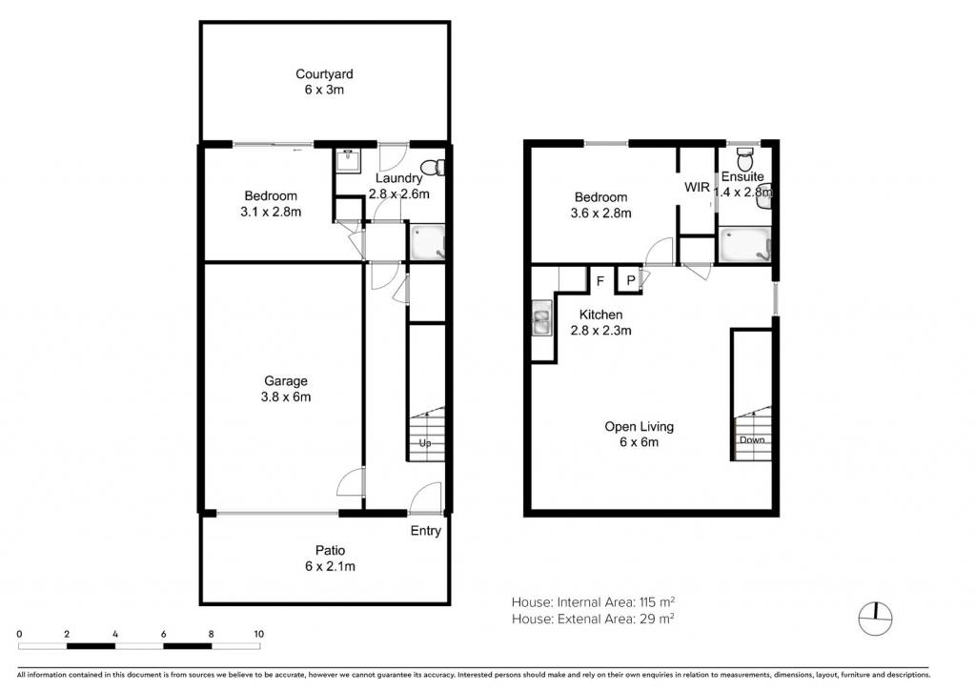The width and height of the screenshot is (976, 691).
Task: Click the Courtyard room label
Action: pyautogui.click(x=324, y=74)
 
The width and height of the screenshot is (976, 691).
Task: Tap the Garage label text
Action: pyautogui.click(x=286, y=381)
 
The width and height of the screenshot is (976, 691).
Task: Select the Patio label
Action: pyautogui.click(x=330, y=550)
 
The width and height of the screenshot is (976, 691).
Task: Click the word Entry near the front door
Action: pyautogui.click(x=426, y=530)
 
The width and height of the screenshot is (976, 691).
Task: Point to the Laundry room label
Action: pyautogui.click(x=399, y=178)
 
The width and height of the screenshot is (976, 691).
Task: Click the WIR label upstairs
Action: pyautogui.click(x=697, y=187)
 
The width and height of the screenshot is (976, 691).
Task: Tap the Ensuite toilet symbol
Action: pyautogui.click(x=744, y=159)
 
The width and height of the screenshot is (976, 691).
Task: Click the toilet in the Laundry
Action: pyautogui.click(x=434, y=168)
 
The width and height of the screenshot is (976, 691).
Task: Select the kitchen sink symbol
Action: pyautogui.click(x=541, y=318)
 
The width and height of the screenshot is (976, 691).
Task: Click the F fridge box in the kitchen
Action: pyautogui.click(x=601, y=280)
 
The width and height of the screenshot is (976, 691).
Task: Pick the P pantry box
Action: pyautogui.click(x=630, y=280)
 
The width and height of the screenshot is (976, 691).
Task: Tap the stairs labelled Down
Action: pyautogui.click(x=752, y=434)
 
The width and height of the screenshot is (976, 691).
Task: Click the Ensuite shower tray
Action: pyautogui.click(x=745, y=245)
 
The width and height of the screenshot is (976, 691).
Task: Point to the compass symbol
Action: pyautogui.click(x=875, y=620)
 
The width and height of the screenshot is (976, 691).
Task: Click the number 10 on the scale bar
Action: pyautogui.click(x=259, y=634)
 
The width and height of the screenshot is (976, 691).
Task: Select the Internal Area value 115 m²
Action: pyautogui.click(x=658, y=602)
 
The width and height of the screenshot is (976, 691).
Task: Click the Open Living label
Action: pyautogui.click(x=640, y=426)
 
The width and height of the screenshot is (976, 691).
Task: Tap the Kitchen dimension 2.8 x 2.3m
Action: pyautogui.click(x=601, y=331)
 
